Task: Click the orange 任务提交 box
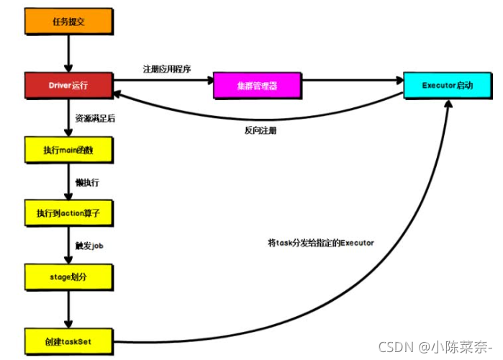coord(69,22)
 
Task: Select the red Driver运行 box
coord(69,86)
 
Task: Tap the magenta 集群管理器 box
coord(257,86)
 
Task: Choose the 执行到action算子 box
coord(69,213)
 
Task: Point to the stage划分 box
coord(69,276)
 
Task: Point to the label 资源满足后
coord(95,117)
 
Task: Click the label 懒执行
coord(87,182)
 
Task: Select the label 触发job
coord(89,246)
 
